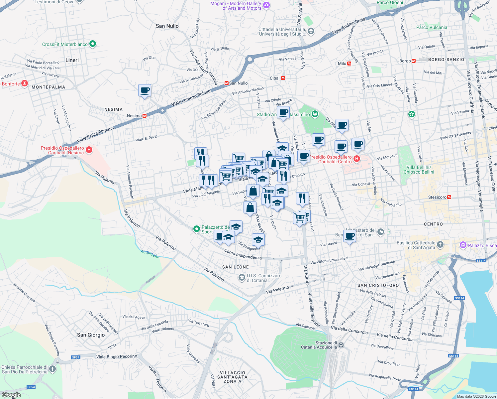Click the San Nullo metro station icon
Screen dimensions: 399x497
point(226,83)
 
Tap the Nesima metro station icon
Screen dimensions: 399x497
point(145,116)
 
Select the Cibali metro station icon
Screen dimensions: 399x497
point(283,78)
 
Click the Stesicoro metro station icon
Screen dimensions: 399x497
point(449,197)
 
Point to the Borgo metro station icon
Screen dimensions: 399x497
point(414,61)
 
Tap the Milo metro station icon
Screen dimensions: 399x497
point(349,64)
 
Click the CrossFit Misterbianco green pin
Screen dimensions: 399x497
point(93,44)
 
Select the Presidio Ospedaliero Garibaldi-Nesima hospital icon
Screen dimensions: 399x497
point(89,150)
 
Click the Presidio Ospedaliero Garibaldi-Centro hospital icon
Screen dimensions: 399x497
point(356,159)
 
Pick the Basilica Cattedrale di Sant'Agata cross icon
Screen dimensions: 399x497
point(440,245)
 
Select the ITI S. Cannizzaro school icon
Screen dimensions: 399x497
point(242,277)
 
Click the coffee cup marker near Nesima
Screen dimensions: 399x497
point(145,90)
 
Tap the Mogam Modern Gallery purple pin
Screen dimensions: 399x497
point(266,5)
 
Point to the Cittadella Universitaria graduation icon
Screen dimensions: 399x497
point(311,32)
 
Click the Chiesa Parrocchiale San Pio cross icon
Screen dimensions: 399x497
point(52,369)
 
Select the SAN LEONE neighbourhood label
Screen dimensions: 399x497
point(235,267)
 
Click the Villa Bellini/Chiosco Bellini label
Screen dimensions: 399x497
point(419,170)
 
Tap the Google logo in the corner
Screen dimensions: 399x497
point(11,395)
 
